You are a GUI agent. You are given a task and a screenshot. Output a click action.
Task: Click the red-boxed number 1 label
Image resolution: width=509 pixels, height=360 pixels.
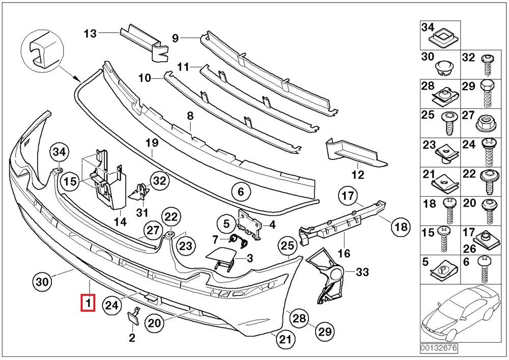tap(88, 303)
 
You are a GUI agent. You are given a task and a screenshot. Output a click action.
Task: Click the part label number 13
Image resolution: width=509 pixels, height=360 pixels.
tap(90, 34)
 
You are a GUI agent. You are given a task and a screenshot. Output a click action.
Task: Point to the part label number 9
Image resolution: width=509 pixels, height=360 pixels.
tap(175, 37)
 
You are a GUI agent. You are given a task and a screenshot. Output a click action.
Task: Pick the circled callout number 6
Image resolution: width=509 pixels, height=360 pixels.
tap(241, 192)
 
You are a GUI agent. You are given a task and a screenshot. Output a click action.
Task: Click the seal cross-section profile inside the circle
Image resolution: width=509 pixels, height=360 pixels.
tap(40, 51)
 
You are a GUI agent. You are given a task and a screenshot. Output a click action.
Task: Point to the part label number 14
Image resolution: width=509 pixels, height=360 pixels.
tap(120, 221)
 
